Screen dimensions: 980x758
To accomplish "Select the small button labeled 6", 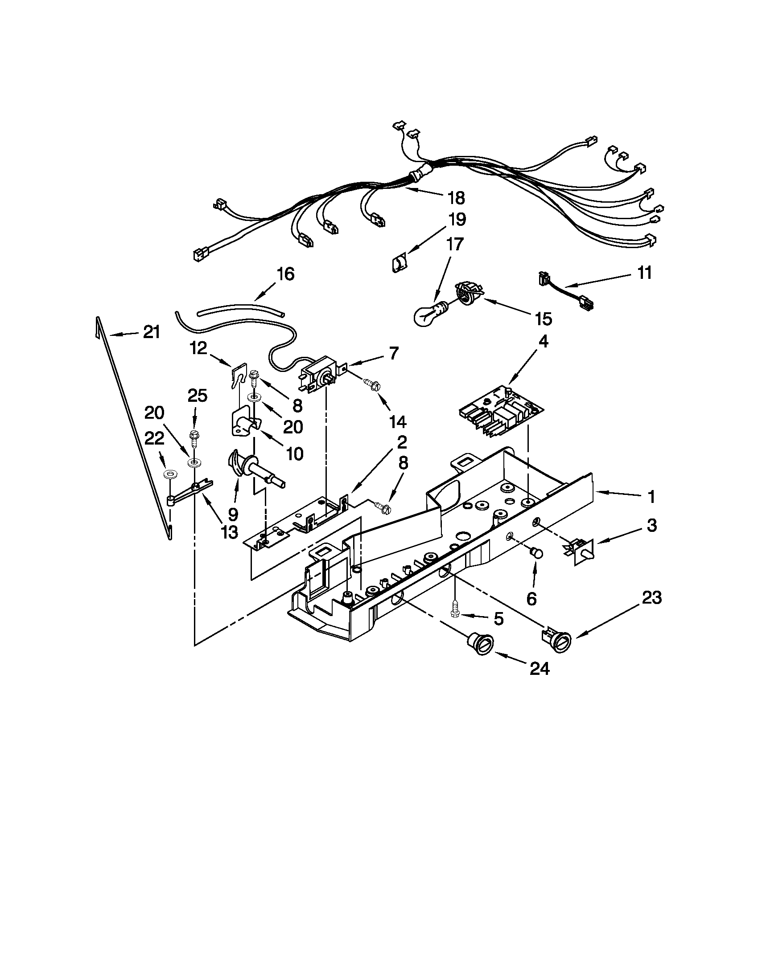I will click(x=536, y=553).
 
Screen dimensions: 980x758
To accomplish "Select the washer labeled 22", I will click(x=170, y=474).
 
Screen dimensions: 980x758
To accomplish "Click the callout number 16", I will click(x=285, y=273).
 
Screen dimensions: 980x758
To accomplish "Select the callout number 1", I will click(x=651, y=497).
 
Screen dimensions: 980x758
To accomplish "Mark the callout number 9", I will click(x=233, y=513).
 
